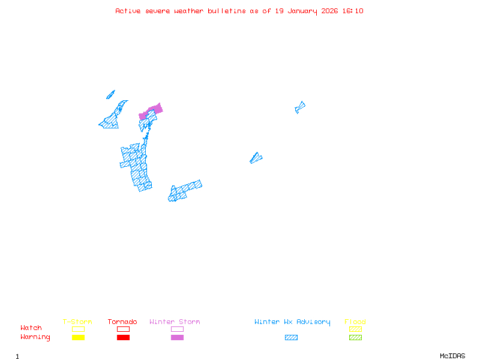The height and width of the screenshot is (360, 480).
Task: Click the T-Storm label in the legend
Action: [77, 322]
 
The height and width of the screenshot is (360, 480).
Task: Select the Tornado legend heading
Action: [122, 322]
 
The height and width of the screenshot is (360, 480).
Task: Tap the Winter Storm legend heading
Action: [175, 322]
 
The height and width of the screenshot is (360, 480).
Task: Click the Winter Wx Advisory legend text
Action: [292, 322]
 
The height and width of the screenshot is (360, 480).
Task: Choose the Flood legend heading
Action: [355, 322]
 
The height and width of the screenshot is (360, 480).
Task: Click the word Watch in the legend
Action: [31, 328]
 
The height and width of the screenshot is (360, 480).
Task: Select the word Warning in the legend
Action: [35, 337]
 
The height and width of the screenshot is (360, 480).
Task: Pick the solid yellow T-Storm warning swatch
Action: [78, 338]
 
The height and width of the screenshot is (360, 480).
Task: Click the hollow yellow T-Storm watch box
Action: [78, 329]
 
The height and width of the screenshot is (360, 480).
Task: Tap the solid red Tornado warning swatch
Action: [123, 338]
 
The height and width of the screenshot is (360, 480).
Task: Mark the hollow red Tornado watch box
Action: [123, 329]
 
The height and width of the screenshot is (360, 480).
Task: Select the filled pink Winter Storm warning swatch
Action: [177, 338]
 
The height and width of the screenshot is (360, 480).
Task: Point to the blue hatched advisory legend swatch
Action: [291, 338]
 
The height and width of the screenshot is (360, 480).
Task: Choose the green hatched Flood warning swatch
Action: [355, 338]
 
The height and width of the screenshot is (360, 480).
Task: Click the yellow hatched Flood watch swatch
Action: [355, 329]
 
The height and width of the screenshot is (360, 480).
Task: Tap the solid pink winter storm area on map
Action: [155, 109]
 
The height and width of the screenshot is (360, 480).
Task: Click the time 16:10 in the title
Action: [354, 11]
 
